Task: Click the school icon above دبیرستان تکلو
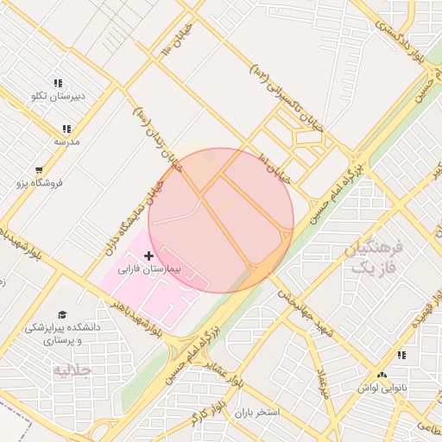coord(58,84)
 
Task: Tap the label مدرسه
coord(66,141)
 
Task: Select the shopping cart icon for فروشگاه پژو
coord(39,170)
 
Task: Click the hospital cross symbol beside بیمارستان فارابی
coord(149,256)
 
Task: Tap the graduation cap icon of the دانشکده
coord(61,315)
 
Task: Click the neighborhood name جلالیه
coord(73,370)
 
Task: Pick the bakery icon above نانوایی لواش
coord(401,356)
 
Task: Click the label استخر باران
coord(257,413)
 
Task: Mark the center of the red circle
coord(221,220)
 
